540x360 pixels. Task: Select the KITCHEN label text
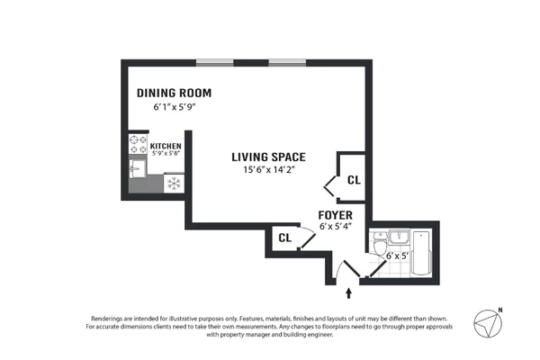click(x=166, y=146)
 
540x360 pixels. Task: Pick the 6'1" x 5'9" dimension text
click(x=174, y=107)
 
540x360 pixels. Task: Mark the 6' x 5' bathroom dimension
click(x=398, y=256)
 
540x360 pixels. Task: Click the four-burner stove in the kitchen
click(x=139, y=145)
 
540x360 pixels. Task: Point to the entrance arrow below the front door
click(x=349, y=292)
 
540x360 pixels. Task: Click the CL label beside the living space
click(x=354, y=180)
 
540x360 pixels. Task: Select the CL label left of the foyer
click(x=284, y=238)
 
